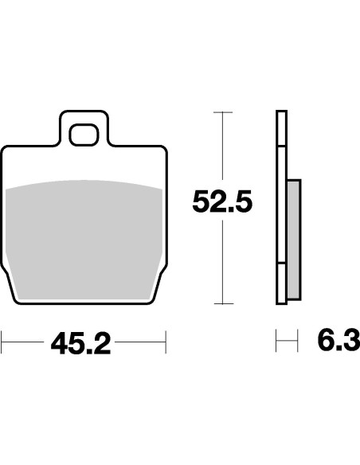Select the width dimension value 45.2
[x=80, y=344]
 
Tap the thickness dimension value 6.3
[x=338, y=343]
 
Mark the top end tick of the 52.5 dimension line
[x=222, y=113]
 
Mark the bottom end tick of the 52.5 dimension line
[x=222, y=303]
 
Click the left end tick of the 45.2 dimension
[x=2, y=343]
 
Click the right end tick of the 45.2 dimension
[x=165, y=343]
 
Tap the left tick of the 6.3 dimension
[x=276, y=343]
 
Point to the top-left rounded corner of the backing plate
[x=7, y=150]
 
